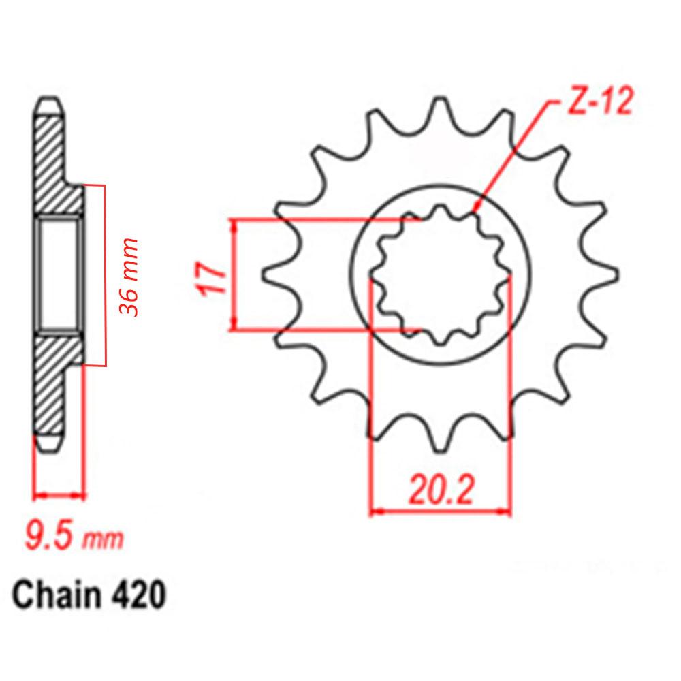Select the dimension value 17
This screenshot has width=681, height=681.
click(212, 275)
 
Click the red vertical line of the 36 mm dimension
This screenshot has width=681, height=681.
click(105, 275)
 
